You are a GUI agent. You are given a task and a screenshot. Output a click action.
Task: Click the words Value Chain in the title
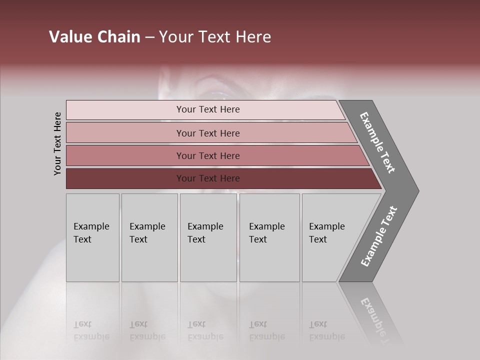point(94,37)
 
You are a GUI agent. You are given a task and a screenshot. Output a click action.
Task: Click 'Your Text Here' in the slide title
point(215,37)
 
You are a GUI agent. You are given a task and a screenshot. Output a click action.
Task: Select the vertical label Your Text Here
point(57,143)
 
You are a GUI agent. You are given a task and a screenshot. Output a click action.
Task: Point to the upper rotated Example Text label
point(377,142)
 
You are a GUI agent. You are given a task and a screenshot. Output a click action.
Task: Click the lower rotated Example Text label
point(379,236)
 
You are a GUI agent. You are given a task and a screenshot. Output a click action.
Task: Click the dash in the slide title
point(149,37)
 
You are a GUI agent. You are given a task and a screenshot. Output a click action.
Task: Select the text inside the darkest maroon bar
point(208,178)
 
